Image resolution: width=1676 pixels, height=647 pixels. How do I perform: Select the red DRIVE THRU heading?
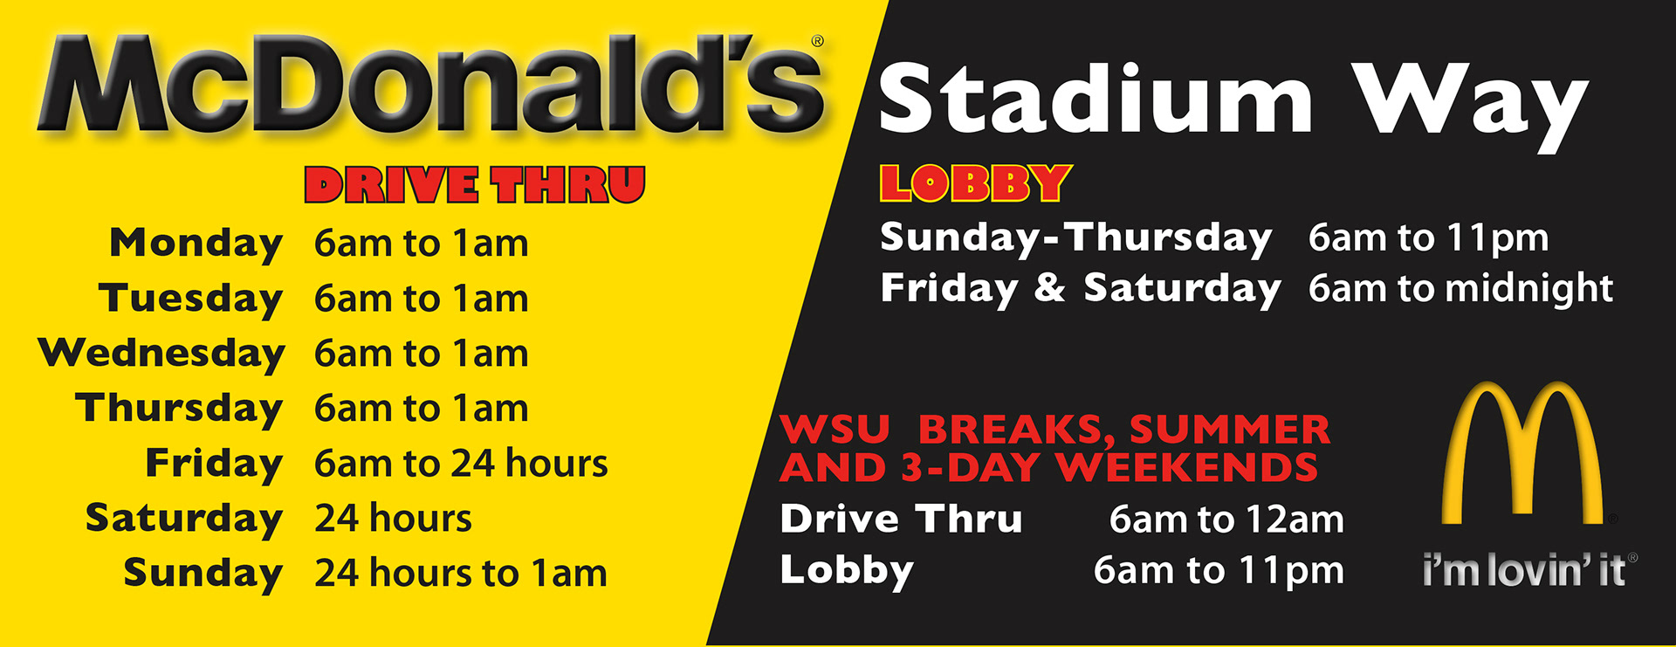[475, 184]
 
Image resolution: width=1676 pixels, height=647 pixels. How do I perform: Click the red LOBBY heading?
[975, 183]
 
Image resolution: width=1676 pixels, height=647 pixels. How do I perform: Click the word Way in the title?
[1470, 106]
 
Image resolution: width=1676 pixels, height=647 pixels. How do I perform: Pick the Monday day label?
[196, 244]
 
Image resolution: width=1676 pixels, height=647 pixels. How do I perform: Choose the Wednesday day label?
[161, 354]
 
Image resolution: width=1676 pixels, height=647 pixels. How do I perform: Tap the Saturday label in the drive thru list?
[184, 519]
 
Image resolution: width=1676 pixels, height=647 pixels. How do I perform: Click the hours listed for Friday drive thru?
[461, 463]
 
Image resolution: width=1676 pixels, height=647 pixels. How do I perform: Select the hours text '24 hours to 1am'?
[461, 573]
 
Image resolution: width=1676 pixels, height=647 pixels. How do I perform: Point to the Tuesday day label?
[191, 299]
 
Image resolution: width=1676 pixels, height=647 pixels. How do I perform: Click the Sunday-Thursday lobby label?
[1075, 238]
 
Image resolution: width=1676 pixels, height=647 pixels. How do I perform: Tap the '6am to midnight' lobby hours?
[1460, 287]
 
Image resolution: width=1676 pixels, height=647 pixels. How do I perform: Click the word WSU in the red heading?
[835, 430]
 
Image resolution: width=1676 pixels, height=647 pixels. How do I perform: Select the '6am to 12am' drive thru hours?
[1226, 520]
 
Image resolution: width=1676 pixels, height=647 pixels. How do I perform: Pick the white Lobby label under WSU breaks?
[847, 570]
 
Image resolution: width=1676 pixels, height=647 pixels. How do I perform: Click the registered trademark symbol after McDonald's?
[818, 41]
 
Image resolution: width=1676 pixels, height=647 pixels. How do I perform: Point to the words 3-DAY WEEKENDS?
[1109, 468]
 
